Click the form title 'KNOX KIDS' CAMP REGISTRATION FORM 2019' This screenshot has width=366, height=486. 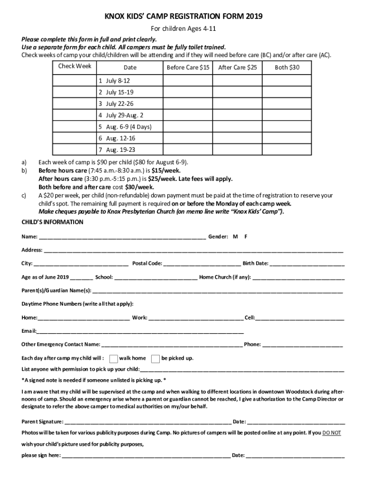tap(183, 17)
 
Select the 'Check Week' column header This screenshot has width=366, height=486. tap(75, 66)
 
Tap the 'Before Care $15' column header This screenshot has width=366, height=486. tap(188, 67)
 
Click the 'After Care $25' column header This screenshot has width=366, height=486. tap(237, 67)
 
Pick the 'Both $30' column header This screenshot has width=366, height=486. tap(287, 67)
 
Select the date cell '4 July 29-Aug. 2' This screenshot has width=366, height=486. tap(121, 115)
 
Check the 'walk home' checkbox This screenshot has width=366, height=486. tap(114, 358)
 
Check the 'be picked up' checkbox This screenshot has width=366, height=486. tap(155, 358)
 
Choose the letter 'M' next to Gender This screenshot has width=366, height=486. tap(235, 236)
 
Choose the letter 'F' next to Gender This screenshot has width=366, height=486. tap(246, 236)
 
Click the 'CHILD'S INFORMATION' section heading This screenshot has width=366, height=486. tap(52, 222)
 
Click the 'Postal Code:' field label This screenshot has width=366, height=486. tap(147, 263)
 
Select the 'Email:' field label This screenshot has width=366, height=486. tap(29, 331)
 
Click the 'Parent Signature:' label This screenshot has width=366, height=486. tap(42, 421)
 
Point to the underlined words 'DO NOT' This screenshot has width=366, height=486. tap(331, 433)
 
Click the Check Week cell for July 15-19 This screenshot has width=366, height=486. tap(75, 92)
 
